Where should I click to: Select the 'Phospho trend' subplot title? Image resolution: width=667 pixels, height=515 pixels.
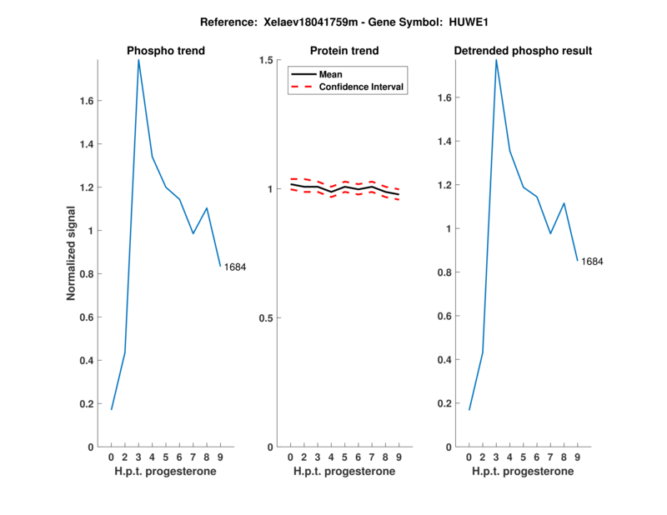[x=165, y=51]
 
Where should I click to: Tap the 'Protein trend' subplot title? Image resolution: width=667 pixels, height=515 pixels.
[x=345, y=51]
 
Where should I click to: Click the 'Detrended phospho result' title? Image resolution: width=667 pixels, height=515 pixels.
[x=523, y=51]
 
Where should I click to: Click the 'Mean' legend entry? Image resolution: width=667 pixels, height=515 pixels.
[x=330, y=74]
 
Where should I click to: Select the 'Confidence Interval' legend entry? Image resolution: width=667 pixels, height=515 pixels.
[x=361, y=87]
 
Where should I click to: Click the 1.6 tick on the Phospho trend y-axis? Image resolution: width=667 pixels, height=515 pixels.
[x=86, y=101]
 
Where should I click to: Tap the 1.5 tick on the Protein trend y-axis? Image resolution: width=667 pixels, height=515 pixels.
[x=266, y=60]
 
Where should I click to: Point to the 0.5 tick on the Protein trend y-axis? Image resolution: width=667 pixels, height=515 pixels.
[x=266, y=318]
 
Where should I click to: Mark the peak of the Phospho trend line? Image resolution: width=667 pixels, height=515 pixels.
[x=138, y=60]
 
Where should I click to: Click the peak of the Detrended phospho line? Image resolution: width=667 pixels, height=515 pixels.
[x=496, y=60]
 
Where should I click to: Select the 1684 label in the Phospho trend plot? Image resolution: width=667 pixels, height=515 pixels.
[x=235, y=267]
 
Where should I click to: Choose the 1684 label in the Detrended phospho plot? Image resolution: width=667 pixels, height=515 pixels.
[x=592, y=262]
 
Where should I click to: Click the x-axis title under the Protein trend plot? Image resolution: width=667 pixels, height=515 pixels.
[x=344, y=472]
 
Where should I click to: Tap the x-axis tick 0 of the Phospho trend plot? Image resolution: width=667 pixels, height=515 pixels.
[x=111, y=457]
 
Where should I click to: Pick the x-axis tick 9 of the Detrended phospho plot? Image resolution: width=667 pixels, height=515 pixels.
[x=577, y=457]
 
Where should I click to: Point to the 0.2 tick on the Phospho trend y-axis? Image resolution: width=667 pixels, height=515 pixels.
[x=86, y=404]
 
